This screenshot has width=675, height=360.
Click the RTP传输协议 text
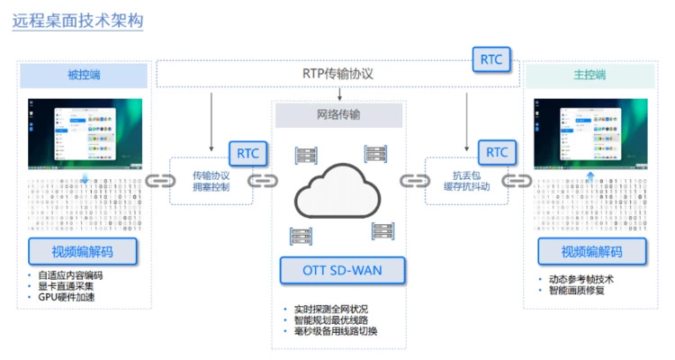[x=337, y=74]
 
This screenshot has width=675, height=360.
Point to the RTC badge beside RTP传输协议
[x=491, y=59]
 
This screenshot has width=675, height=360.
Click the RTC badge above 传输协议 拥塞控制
[x=246, y=152]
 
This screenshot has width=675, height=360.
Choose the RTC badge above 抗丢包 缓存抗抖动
[x=496, y=152]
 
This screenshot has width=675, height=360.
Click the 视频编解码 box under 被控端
[x=83, y=251]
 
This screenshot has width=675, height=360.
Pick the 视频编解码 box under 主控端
[x=590, y=251]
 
